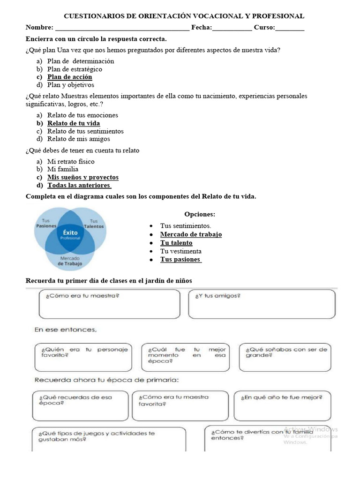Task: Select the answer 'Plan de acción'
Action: point(69,77)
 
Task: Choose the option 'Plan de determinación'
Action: point(81,61)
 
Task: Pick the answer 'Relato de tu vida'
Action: point(74,123)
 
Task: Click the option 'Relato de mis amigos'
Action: point(78,139)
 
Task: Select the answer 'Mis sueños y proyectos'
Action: point(83,177)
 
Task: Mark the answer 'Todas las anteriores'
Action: point(79,185)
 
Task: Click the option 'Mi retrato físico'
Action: point(71,161)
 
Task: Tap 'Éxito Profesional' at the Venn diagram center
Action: point(70,234)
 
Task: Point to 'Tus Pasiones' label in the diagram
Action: point(46,223)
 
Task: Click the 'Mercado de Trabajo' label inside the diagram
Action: point(70,261)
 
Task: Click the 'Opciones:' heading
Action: point(200,214)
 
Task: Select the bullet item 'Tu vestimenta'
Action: point(180,251)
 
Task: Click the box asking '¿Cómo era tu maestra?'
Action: point(110,304)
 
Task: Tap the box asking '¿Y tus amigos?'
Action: point(262,304)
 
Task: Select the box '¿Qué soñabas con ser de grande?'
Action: point(286,357)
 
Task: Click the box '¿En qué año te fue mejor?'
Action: point(283,405)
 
